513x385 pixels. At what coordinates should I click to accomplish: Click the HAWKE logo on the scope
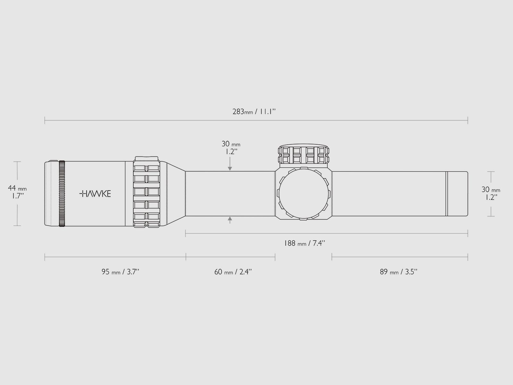[95, 193]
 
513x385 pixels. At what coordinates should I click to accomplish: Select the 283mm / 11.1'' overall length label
[254, 112]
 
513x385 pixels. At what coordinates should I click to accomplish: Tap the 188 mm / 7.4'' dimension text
[305, 243]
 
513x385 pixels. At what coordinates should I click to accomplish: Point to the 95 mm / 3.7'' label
[120, 272]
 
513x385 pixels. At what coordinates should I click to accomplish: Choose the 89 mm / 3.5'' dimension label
[399, 272]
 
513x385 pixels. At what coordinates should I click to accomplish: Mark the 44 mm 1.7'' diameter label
[17, 192]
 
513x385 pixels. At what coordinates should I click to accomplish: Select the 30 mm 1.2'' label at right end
[491, 193]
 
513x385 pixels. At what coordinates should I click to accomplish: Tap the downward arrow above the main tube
[230, 167]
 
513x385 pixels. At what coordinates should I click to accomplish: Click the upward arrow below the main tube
[230, 219]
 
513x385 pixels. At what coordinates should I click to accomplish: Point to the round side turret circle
[303, 193]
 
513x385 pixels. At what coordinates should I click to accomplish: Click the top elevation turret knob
[303, 155]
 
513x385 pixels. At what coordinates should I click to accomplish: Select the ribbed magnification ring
[147, 193]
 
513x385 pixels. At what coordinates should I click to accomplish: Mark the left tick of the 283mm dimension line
[45, 121]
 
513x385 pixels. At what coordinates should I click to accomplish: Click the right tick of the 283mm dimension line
[468, 121]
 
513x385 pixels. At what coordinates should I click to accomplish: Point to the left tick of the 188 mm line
[186, 234]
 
